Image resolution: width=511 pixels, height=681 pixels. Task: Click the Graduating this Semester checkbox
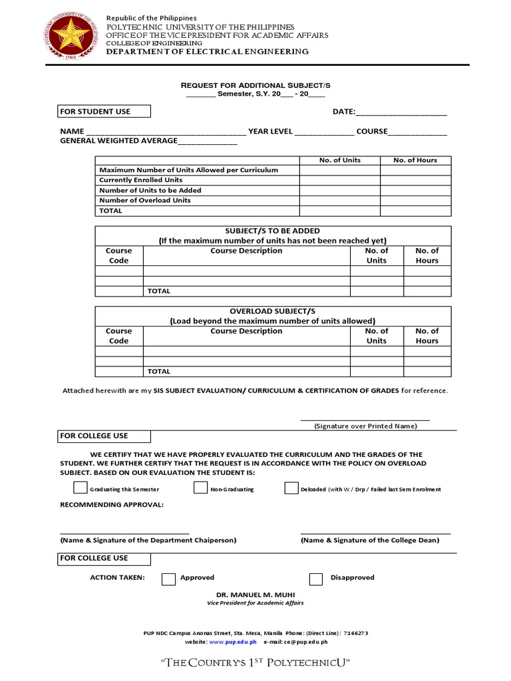pos(80,488)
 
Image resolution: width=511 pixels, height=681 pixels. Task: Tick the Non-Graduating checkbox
pos(200,488)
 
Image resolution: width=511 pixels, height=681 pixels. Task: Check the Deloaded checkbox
pos(291,488)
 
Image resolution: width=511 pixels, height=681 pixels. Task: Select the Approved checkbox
pos(169,578)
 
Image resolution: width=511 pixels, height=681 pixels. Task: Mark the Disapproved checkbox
pos(316,578)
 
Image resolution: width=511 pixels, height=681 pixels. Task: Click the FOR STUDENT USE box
pos(104,111)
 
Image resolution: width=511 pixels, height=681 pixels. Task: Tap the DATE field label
pos(344,112)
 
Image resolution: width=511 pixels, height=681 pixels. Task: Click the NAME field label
pos(72,131)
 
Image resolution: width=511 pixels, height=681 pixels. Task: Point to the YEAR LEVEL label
pos(270,131)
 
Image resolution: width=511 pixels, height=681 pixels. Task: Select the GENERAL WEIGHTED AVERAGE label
pos(118,140)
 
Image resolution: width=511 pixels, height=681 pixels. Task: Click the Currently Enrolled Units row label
pos(140,180)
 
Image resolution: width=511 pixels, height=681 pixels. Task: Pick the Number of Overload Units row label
pos(144,200)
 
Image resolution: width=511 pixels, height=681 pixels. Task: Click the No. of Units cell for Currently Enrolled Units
pos(339,180)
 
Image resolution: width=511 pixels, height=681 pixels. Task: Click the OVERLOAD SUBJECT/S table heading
pos(272,311)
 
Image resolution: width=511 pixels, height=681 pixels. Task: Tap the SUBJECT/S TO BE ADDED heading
pos(272,231)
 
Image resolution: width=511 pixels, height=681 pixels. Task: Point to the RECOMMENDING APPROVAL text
pos(111,505)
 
